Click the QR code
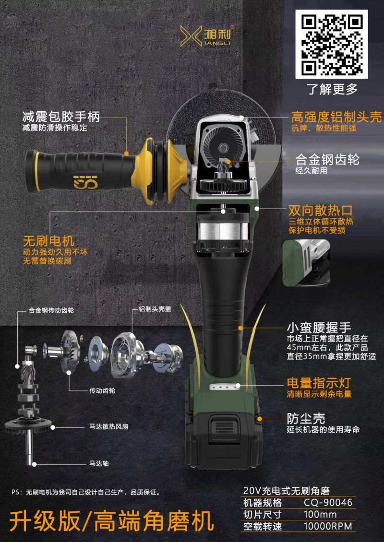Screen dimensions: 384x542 point(331,44)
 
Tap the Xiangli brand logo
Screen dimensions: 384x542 point(206,35)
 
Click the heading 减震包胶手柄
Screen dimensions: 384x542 point(61,117)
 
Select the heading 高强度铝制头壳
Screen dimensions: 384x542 point(336,117)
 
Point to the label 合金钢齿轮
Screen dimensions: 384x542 point(327,160)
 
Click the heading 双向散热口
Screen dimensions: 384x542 point(320,210)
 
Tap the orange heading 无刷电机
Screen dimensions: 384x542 point(48,241)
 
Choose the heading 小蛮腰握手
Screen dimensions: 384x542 point(319,327)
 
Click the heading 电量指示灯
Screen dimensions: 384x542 point(319,383)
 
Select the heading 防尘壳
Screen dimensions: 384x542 point(306,419)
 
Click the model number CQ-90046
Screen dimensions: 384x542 point(328,502)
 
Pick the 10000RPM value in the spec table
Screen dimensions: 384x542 point(328,526)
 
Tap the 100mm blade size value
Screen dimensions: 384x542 point(320,514)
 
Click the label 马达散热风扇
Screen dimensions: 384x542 point(108,426)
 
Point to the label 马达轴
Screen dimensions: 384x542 point(99,463)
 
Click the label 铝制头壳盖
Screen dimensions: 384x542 point(155,309)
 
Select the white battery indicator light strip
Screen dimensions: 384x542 point(225,386)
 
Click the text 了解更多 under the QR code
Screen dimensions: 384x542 point(332,89)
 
